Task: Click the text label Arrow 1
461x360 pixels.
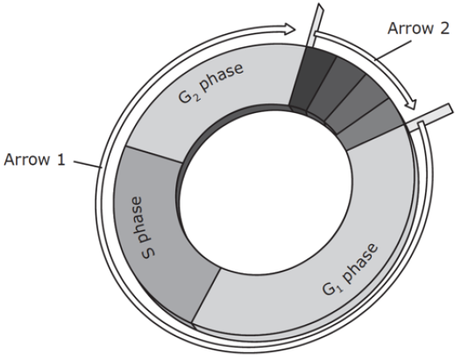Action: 34,160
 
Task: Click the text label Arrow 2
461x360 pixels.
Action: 418,29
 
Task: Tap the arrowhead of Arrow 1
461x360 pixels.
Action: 290,29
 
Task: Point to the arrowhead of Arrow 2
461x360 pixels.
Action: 412,103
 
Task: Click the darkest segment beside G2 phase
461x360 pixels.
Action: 312,79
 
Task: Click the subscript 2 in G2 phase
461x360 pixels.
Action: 196,97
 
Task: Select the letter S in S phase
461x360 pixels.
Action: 148,252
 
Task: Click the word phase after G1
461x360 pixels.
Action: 361,264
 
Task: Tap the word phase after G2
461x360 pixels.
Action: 221,77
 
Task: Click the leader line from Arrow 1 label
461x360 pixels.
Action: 88,165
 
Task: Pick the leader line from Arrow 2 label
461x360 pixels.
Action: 393,50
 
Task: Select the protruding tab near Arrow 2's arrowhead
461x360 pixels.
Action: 430,116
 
